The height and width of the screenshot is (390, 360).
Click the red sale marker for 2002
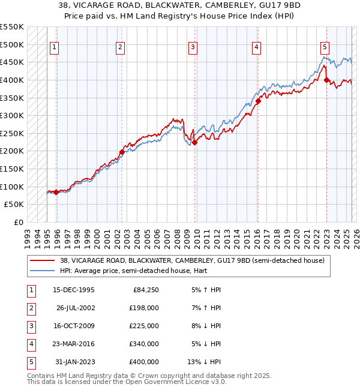coord(122,152)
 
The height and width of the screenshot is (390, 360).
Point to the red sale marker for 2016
coord(258,101)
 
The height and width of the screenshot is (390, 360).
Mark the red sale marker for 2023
coord(326,80)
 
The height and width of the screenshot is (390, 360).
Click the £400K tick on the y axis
coord(12,80)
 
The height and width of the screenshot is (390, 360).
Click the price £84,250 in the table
coord(144,290)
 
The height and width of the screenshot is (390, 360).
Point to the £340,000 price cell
coord(144,344)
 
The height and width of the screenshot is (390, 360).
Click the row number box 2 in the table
coord(30,308)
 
